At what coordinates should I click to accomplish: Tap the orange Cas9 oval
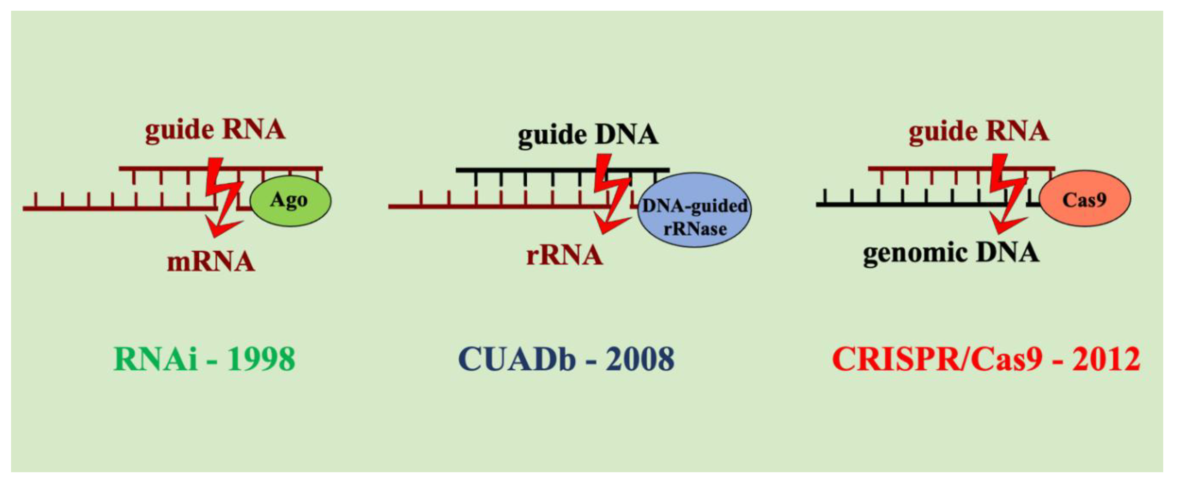coord(1085,199)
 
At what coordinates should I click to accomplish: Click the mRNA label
coord(211,262)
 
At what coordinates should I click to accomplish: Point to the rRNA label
coord(564,255)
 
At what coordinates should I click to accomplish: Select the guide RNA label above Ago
coord(215,130)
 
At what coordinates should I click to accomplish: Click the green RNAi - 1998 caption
coord(204,359)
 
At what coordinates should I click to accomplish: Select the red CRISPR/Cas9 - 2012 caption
coord(986,359)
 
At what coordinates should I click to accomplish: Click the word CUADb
coord(517,359)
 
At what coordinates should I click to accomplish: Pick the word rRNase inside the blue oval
coord(695,229)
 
